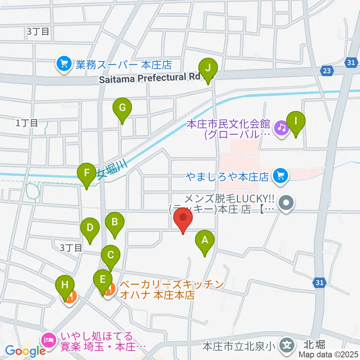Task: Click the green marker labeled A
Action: pyautogui.click(x=205, y=240)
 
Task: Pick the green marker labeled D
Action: pyautogui.click(x=90, y=228)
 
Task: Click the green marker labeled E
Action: pyautogui.click(x=103, y=279)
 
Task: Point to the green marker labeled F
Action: pyautogui.click(x=87, y=174)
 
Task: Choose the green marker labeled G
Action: pyautogui.click(x=122, y=109)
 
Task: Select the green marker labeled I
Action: pyautogui.click(x=296, y=122)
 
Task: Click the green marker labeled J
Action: pyautogui.click(x=210, y=69)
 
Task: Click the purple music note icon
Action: pyautogui.click(x=280, y=128)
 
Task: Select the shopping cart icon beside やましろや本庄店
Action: pyautogui.click(x=280, y=175)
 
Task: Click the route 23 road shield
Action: pyautogui.click(x=327, y=70)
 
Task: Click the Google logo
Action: pyautogui.click(x=25, y=351)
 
